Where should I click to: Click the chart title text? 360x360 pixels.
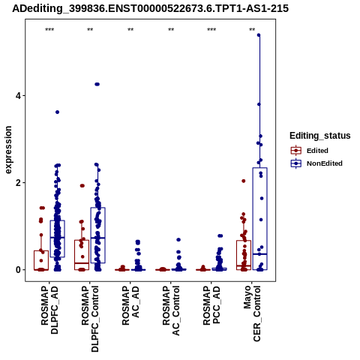point(151,8)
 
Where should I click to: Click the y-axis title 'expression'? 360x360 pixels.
point(8,150)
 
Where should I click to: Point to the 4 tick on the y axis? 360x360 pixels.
point(18,96)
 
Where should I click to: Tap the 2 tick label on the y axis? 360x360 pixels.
point(18,183)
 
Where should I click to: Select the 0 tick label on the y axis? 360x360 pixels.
point(18,270)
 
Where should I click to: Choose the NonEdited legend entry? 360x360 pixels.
point(316,163)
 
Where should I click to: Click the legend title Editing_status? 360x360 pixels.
point(320,136)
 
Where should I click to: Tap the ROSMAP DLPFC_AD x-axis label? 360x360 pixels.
point(49,310)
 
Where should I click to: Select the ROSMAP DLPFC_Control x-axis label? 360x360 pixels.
point(90,319)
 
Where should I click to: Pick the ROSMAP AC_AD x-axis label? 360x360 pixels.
point(130,305)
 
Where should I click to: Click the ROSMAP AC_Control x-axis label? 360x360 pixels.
point(171,310)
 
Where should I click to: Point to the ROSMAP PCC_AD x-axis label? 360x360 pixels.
point(211,305)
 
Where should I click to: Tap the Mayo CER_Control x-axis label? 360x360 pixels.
point(252,313)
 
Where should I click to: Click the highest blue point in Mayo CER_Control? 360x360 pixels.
point(259,35)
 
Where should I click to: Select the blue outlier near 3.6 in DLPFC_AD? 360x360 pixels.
point(57,112)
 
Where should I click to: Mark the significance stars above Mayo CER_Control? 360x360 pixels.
point(252,30)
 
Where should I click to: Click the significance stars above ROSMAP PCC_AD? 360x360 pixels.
point(211,30)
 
